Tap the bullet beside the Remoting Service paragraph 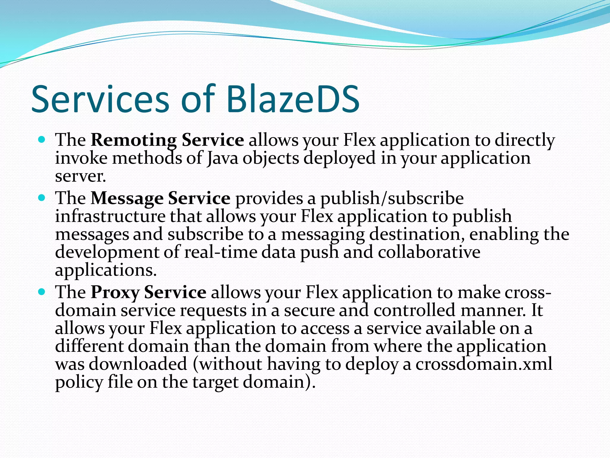point(42,139)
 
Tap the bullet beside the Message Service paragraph point(42,197)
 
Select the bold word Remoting point(134,140)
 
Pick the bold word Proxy point(115,292)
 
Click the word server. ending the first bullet point(80,177)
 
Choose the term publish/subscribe point(392,199)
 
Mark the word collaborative point(429,252)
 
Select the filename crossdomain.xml point(484,364)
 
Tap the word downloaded point(138,364)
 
